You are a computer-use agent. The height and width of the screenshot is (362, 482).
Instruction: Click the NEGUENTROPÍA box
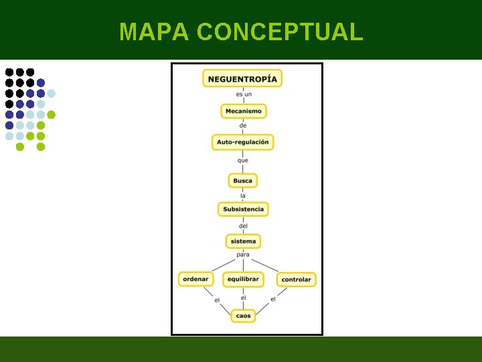pyautogui.click(x=242, y=78)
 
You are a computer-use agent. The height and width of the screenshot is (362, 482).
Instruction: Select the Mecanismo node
pyautogui.click(x=244, y=111)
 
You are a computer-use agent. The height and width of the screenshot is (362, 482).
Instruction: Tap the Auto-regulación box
pyautogui.click(x=243, y=142)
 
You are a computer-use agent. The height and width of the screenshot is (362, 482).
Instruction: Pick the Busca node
pyautogui.click(x=243, y=181)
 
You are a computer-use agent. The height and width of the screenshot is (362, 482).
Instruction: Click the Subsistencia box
pyautogui.click(x=244, y=209)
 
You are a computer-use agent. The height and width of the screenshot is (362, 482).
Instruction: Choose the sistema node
pyautogui.click(x=243, y=241)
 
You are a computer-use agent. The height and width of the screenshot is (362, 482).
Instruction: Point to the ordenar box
pyautogui.click(x=195, y=279)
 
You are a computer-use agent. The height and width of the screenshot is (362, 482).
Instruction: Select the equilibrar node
pyautogui.click(x=242, y=279)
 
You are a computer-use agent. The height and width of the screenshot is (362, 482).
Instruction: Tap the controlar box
pyautogui.click(x=296, y=280)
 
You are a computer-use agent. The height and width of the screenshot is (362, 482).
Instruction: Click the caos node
pyautogui.click(x=243, y=316)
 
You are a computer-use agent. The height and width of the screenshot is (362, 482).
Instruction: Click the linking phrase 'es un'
pyautogui.click(x=244, y=95)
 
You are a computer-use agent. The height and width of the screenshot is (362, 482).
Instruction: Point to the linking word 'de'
pyautogui.click(x=243, y=126)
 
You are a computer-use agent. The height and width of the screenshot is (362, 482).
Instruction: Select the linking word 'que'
pyautogui.click(x=243, y=160)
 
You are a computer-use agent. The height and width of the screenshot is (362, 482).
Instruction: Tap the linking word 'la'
pyautogui.click(x=243, y=196)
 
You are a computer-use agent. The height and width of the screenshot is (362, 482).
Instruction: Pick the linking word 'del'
pyautogui.click(x=243, y=226)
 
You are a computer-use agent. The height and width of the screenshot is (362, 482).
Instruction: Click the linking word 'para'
pyautogui.click(x=243, y=255)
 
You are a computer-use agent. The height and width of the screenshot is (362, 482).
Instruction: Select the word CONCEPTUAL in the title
pyautogui.click(x=280, y=32)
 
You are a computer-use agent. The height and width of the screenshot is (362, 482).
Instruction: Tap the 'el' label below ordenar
pyautogui.click(x=217, y=300)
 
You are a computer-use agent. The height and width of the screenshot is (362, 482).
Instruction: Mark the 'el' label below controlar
pyautogui.click(x=273, y=299)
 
